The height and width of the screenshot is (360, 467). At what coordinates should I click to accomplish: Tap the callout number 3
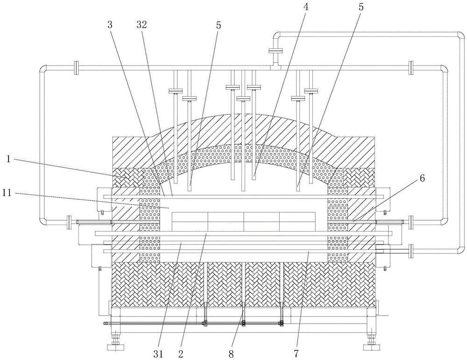click(110, 25)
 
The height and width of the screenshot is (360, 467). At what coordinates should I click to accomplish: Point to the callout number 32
click(142, 25)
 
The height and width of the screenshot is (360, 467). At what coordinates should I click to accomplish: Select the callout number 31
click(159, 354)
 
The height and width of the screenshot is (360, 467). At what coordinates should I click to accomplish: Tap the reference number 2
click(180, 354)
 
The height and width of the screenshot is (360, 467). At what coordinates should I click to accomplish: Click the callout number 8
click(231, 354)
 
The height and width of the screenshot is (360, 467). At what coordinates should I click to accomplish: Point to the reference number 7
click(296, 354)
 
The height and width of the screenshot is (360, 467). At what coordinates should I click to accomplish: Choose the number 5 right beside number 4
click(361, 7)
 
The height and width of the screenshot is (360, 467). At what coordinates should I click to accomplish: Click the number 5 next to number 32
click(218, 25)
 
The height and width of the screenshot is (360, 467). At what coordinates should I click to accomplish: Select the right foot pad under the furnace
click(372, 347)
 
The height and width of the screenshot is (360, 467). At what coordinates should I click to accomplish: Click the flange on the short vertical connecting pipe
click(275, 50)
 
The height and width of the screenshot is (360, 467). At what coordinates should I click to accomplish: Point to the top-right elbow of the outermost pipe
click(460, 36)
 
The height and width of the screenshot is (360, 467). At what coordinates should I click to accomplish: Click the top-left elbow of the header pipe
click(43, 69)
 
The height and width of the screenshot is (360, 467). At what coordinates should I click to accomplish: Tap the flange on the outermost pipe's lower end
click(411, 251)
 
